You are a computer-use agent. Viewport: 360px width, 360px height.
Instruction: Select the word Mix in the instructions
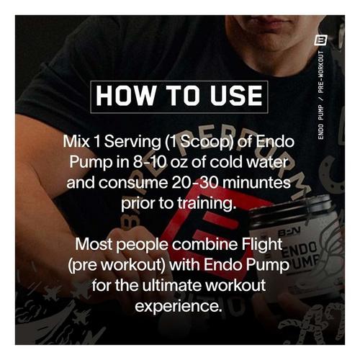(78, 143)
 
